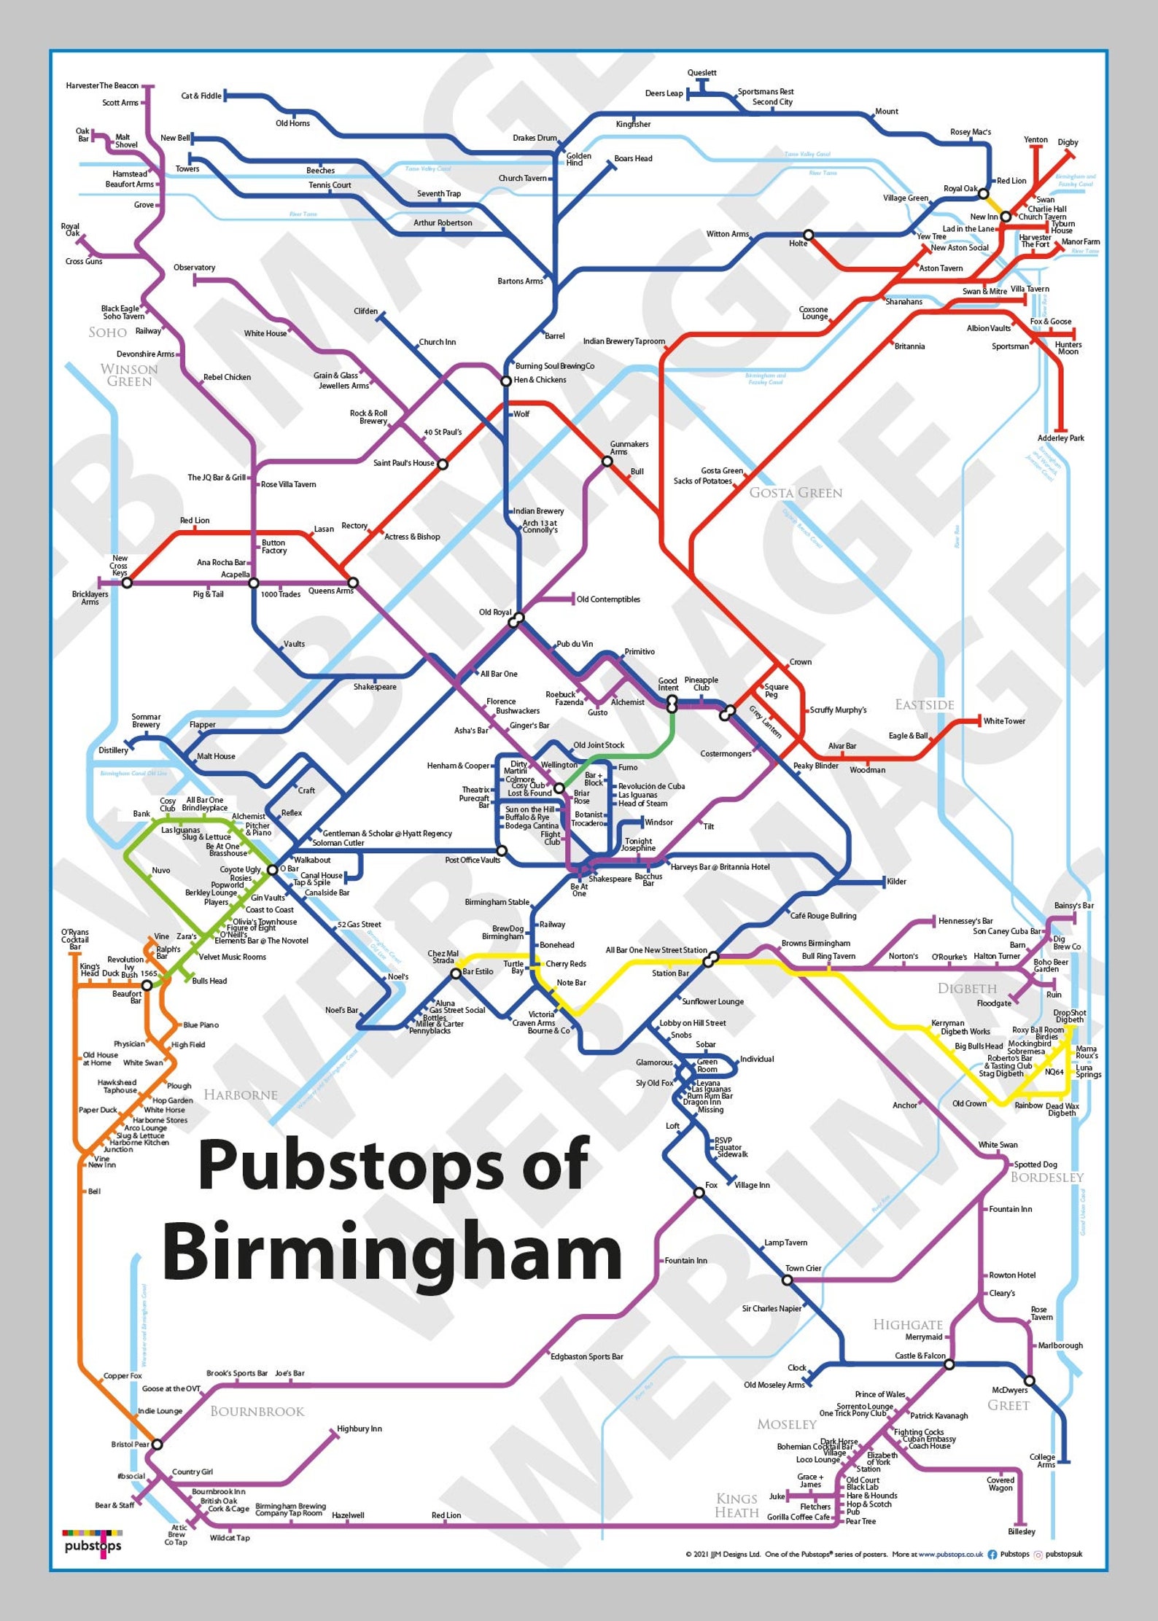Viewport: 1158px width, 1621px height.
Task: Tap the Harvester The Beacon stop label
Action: click(x=102, y=86)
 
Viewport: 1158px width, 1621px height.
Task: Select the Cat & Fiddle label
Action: click(x=201, y=96)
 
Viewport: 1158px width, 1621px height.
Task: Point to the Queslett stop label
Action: click(x=702, y=73)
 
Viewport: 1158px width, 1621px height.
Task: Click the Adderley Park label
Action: click(x=1060, y=438)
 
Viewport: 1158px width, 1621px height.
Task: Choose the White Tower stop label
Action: click(x=1004, y=721)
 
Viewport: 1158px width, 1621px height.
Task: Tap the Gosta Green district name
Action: click(x=795, y=493)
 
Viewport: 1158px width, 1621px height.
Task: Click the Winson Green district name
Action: click(x=129, y=375)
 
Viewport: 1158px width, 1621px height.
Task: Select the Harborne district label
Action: click(x=241, y=1095)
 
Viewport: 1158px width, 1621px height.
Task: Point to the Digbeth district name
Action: click(x=967, y=989)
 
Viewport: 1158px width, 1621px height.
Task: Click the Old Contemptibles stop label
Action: click(x=608, y=599)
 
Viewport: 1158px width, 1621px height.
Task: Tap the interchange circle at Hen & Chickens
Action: click(x=505, y=381)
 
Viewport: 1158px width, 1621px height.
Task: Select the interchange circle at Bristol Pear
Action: click(x=157, y=1444)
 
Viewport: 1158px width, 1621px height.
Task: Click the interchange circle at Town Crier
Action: click(x=788, y=1280)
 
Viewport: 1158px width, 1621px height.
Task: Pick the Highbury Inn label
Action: click(x=359, y=1428)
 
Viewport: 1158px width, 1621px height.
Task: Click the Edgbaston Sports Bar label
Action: click(x=586, y=1356)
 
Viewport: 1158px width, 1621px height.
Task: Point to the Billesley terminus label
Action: click(x=1022, y=1531)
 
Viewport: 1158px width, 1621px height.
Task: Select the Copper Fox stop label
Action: click(x=123, y=1376)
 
